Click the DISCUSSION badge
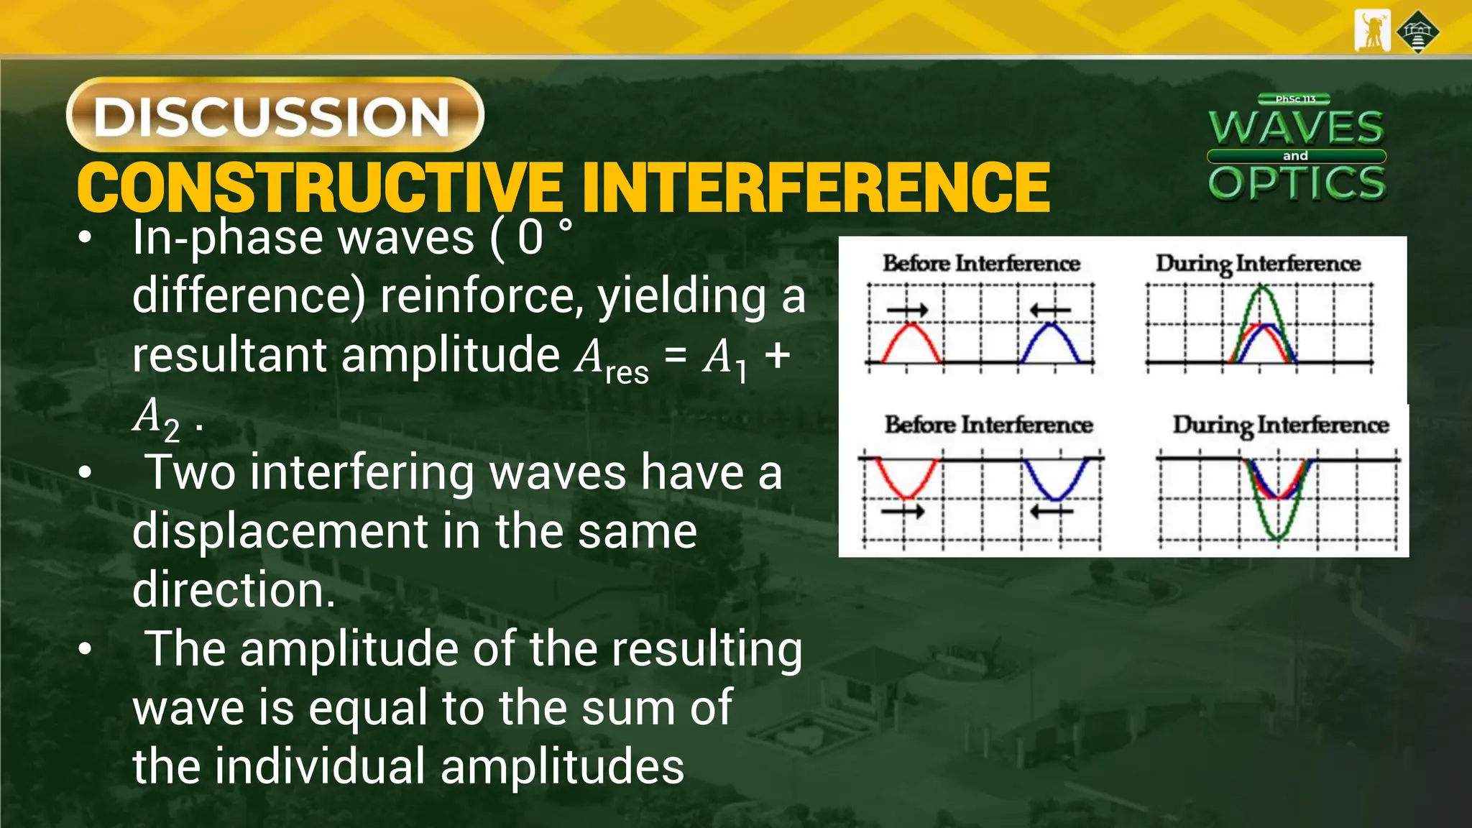275,115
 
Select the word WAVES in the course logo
1296,128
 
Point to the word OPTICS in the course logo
1297,183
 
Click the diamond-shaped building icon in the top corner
1418,32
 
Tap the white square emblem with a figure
1372,31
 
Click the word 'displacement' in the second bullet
281,531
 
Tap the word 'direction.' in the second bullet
234,590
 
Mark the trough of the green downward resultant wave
1277,536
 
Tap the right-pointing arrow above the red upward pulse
907,310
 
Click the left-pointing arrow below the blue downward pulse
1052,512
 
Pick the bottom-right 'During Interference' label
1281,425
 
